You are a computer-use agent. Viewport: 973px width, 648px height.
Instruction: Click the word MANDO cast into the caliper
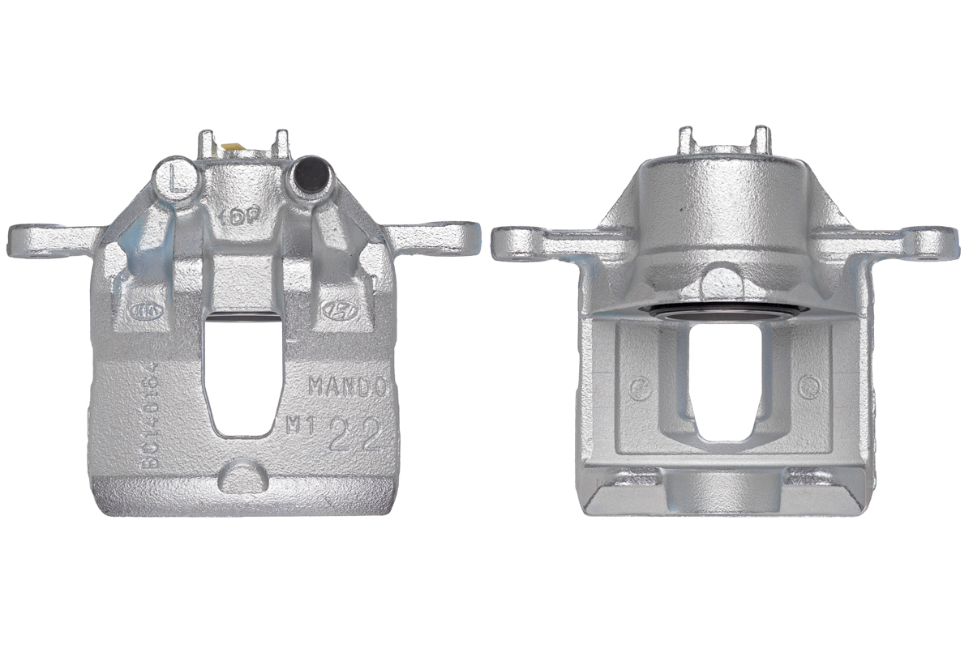point(349,387)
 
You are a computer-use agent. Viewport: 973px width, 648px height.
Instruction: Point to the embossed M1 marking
point(300,425)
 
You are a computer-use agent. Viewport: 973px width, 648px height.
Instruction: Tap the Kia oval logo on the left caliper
point(141,309)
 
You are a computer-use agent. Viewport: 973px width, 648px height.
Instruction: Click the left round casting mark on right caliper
point(640,387)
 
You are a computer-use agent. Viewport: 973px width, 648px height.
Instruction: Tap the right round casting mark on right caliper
point(807,387)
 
